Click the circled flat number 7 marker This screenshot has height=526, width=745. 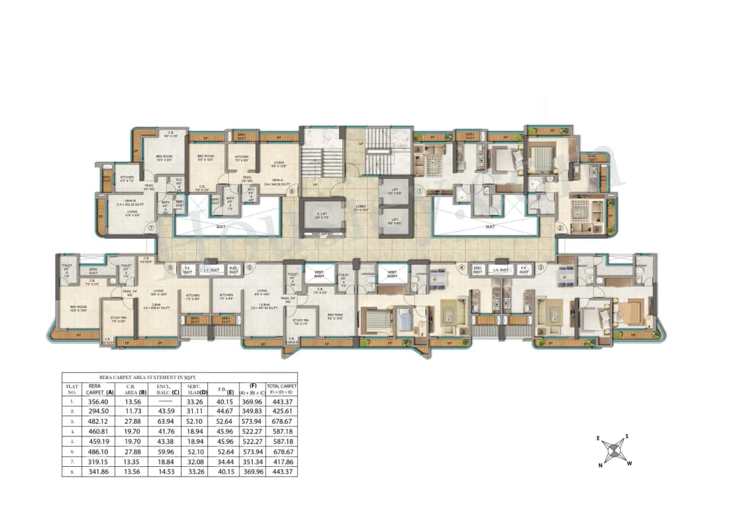coord(151,228)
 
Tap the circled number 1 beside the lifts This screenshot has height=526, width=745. coord(418,189)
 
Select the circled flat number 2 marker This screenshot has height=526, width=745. coord(560,228)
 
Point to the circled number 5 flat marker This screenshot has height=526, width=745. coord(249,268)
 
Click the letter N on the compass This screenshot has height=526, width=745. coord(601,465)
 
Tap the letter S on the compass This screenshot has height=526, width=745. coord(626,436)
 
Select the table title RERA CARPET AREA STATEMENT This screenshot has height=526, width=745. coord(179,377)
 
